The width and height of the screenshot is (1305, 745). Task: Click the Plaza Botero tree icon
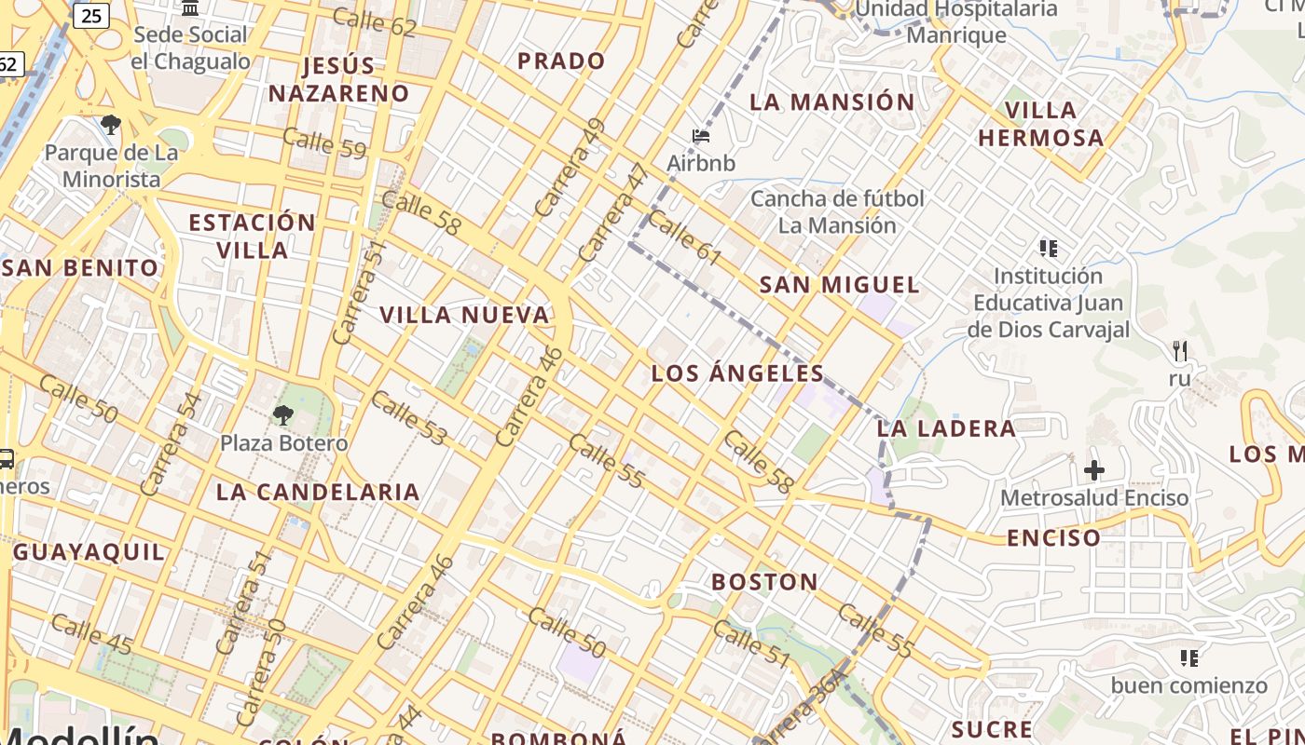[282, 414]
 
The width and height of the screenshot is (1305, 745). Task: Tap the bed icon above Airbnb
[701, 136]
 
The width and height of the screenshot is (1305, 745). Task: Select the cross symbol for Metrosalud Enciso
[1094, 469]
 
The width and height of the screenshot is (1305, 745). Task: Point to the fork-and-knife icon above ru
[1180, 351]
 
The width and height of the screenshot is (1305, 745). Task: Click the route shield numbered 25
[91, 15]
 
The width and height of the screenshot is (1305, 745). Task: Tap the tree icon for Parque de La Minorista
[111, 124]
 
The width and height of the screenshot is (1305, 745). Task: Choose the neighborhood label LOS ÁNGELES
[737, 374]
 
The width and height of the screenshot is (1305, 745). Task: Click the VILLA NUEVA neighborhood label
[464, 315]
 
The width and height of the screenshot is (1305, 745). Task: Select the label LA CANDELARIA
[318, 492]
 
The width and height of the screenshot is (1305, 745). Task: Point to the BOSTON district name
[765, 582]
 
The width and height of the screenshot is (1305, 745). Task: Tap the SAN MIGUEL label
[839, 285]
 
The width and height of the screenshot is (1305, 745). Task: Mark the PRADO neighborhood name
[561, 61]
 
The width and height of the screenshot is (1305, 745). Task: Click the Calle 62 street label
[374, 21]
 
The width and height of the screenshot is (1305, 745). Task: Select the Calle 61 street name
[684, 237]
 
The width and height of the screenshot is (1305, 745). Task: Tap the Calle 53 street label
[409, 417]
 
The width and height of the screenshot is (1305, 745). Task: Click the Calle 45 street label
[92, 633]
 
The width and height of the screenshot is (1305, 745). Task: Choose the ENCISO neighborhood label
[1053, 537]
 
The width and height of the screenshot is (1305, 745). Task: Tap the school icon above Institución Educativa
[1049, 248]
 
